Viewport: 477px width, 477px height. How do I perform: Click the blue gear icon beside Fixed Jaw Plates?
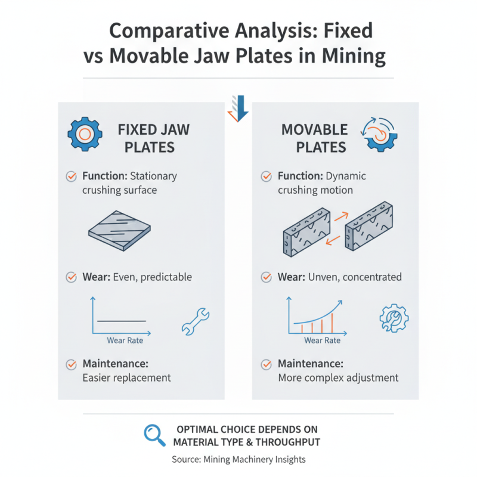tap(85, 134)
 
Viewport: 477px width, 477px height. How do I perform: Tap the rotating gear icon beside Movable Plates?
tap(379, 134)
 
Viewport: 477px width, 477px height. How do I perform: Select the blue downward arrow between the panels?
tap(238, 109)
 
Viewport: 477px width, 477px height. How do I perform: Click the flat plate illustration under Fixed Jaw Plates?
tap(120, 231)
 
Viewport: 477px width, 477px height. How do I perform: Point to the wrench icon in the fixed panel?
tap(196, 321)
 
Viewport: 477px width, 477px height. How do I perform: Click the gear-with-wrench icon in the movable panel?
tap(394, 318)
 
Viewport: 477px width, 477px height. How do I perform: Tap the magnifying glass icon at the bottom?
tap(154, 435)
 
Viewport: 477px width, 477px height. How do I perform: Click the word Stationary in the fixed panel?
tap(153, 176)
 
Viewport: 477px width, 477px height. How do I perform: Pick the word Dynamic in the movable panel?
tap(346, 176)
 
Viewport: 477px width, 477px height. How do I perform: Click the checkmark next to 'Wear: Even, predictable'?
tap(71, 277)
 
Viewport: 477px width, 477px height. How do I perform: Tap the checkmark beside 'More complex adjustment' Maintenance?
tap(266, 364)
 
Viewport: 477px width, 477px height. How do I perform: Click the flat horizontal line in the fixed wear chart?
tap(122, 321)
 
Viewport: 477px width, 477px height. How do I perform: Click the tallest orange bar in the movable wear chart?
tap(332, 323)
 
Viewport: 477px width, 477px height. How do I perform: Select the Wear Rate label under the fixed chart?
tap(125, 340)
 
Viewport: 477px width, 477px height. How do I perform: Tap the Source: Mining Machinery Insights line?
tap(238, 459)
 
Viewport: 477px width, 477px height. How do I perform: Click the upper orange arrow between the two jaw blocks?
tap(341, 216)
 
